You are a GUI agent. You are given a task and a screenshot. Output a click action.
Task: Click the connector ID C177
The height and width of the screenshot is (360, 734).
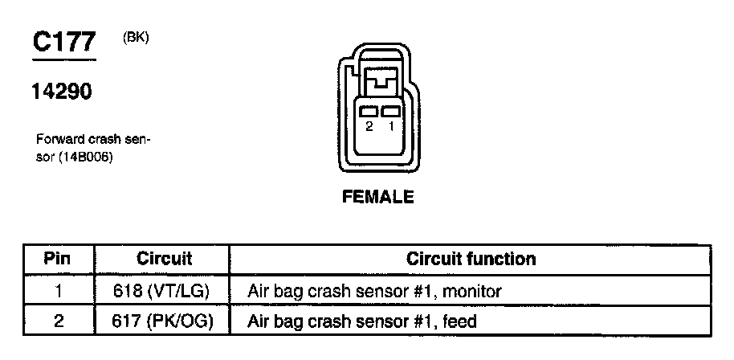(63, 43)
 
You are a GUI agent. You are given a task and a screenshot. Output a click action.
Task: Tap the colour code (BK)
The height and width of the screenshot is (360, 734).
(137, 37)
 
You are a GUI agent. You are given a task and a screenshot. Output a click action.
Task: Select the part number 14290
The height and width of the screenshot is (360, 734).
(61, 92)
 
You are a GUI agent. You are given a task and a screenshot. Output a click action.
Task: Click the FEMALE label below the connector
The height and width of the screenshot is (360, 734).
(378, 197)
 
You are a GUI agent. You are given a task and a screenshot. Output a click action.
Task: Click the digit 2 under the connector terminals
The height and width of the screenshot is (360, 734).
(369, 127)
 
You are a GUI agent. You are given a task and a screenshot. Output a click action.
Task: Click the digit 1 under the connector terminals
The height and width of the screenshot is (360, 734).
(390, 127)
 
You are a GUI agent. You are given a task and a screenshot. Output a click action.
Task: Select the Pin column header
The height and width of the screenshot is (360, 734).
(57, 259)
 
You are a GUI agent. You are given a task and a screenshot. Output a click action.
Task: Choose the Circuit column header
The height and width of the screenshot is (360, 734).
(164, 259)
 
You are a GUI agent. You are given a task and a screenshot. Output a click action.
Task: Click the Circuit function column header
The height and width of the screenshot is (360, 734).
(471, 259)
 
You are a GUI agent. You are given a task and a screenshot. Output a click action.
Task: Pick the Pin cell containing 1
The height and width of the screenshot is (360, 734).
(58, 290)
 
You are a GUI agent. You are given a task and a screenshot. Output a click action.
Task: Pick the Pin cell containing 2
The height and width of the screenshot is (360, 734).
(58, 322)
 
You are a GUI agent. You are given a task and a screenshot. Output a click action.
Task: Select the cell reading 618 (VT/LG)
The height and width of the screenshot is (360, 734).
(165, 290)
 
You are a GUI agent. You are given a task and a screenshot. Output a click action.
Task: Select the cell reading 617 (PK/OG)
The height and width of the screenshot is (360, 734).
(165, 322)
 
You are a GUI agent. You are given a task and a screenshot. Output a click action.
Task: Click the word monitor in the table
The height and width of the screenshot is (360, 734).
(473, 291)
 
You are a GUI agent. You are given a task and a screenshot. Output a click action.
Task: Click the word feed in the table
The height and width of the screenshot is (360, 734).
(460, 322)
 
